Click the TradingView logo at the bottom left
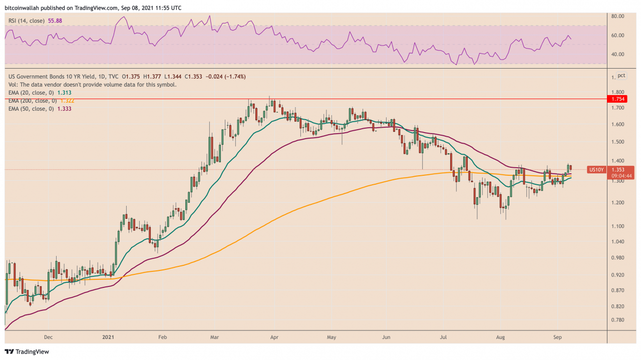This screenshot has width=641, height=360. (27, 351)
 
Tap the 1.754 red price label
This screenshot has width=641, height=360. (615, 99)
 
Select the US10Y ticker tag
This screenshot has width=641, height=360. (596, 170)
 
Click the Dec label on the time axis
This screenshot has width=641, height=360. (48, 337)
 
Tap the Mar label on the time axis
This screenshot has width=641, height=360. (214, 337)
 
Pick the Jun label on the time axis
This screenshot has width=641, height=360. (386, 337)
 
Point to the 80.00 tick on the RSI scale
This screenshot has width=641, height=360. (617, 17)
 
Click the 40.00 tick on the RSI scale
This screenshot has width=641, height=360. (617, 54)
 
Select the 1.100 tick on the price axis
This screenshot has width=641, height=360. (617, 226)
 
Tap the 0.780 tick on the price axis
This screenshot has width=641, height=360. (617, 320)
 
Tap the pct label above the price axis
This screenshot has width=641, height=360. (621, 76)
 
